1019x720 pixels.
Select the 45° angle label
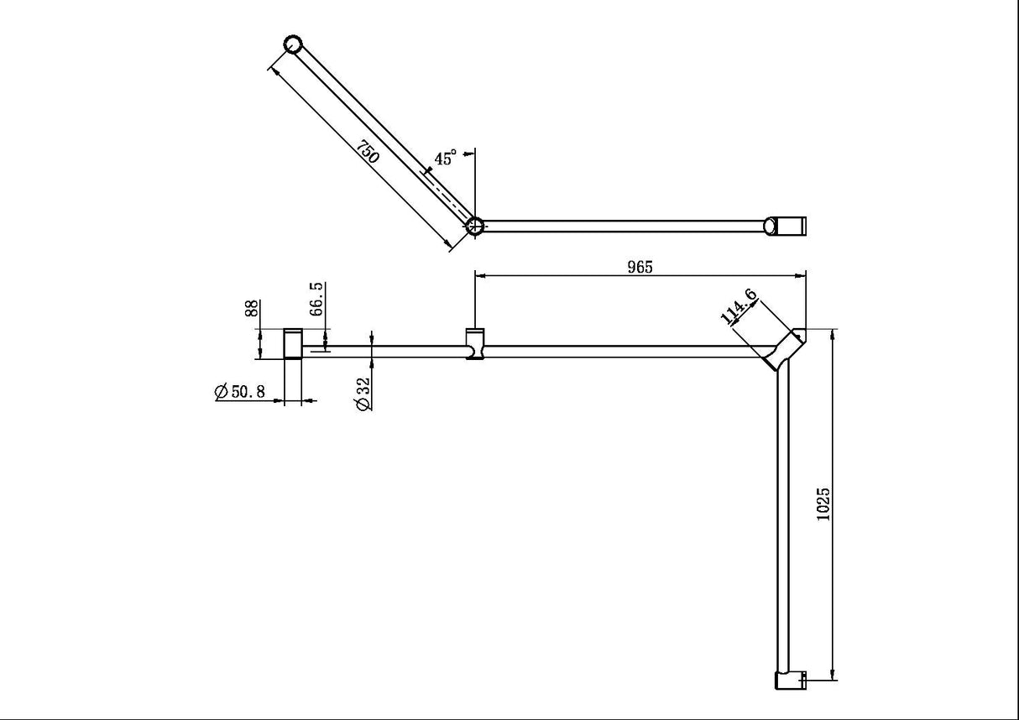coord(445,159)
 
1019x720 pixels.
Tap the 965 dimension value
coord(640,267)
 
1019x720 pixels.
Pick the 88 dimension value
coord(251,309)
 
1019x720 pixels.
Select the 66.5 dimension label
coord(316,299)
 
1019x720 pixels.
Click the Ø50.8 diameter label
coord(240,392)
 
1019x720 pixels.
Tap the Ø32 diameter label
coord(362,392)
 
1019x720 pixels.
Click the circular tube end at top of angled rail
coord(292,44)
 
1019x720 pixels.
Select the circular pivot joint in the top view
coord(475,225)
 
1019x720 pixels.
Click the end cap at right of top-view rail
coord(787,225)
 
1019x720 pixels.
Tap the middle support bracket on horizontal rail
coord(476,345)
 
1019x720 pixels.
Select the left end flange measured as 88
coord(292,344)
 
